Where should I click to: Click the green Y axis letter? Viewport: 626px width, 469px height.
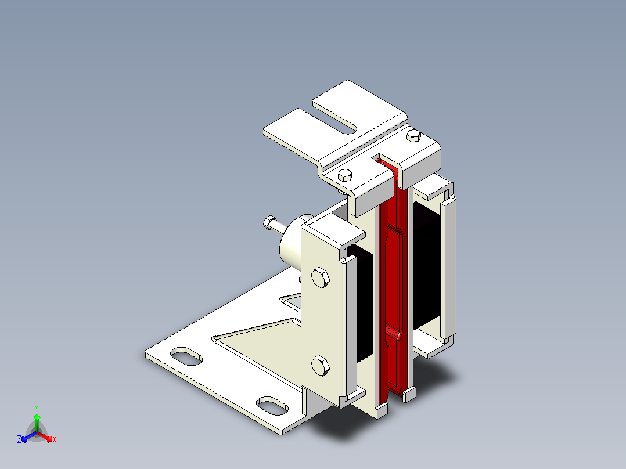[x=37, y=408]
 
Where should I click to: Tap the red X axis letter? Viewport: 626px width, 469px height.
[x=55, y=439]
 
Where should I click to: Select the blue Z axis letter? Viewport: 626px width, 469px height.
[x=19, y=439]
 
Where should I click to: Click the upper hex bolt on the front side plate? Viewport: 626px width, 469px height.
[x=320, y=277]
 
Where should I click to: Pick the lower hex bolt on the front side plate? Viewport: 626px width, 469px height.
[x=320, y=365]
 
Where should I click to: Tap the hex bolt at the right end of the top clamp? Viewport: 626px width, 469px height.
[x=413, y=136]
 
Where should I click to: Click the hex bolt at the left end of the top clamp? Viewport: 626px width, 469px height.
[x=345, y=175]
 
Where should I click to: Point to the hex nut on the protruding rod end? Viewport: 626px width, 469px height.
[x=269, y=222]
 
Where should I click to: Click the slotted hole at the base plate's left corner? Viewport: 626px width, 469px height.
[x=186, y=356]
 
